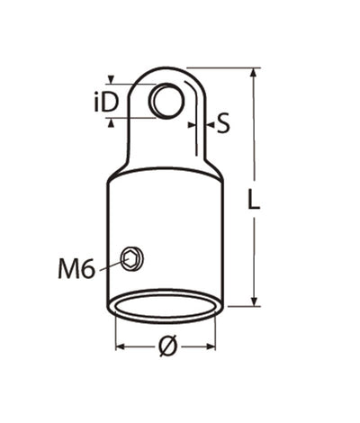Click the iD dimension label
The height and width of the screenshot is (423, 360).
click(105, 102)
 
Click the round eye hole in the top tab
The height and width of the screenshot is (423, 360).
click(165, 100)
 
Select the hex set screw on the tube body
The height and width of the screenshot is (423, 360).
click(133, 258)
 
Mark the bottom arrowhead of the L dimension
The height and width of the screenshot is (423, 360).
click(256, 301)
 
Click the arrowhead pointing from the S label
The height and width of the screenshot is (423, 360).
click(203, 123)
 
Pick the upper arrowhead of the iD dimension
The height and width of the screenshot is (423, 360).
click(111, 81)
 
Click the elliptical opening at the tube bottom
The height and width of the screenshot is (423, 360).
click(165, 304)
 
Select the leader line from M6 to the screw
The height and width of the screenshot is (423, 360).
click(111, 264)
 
